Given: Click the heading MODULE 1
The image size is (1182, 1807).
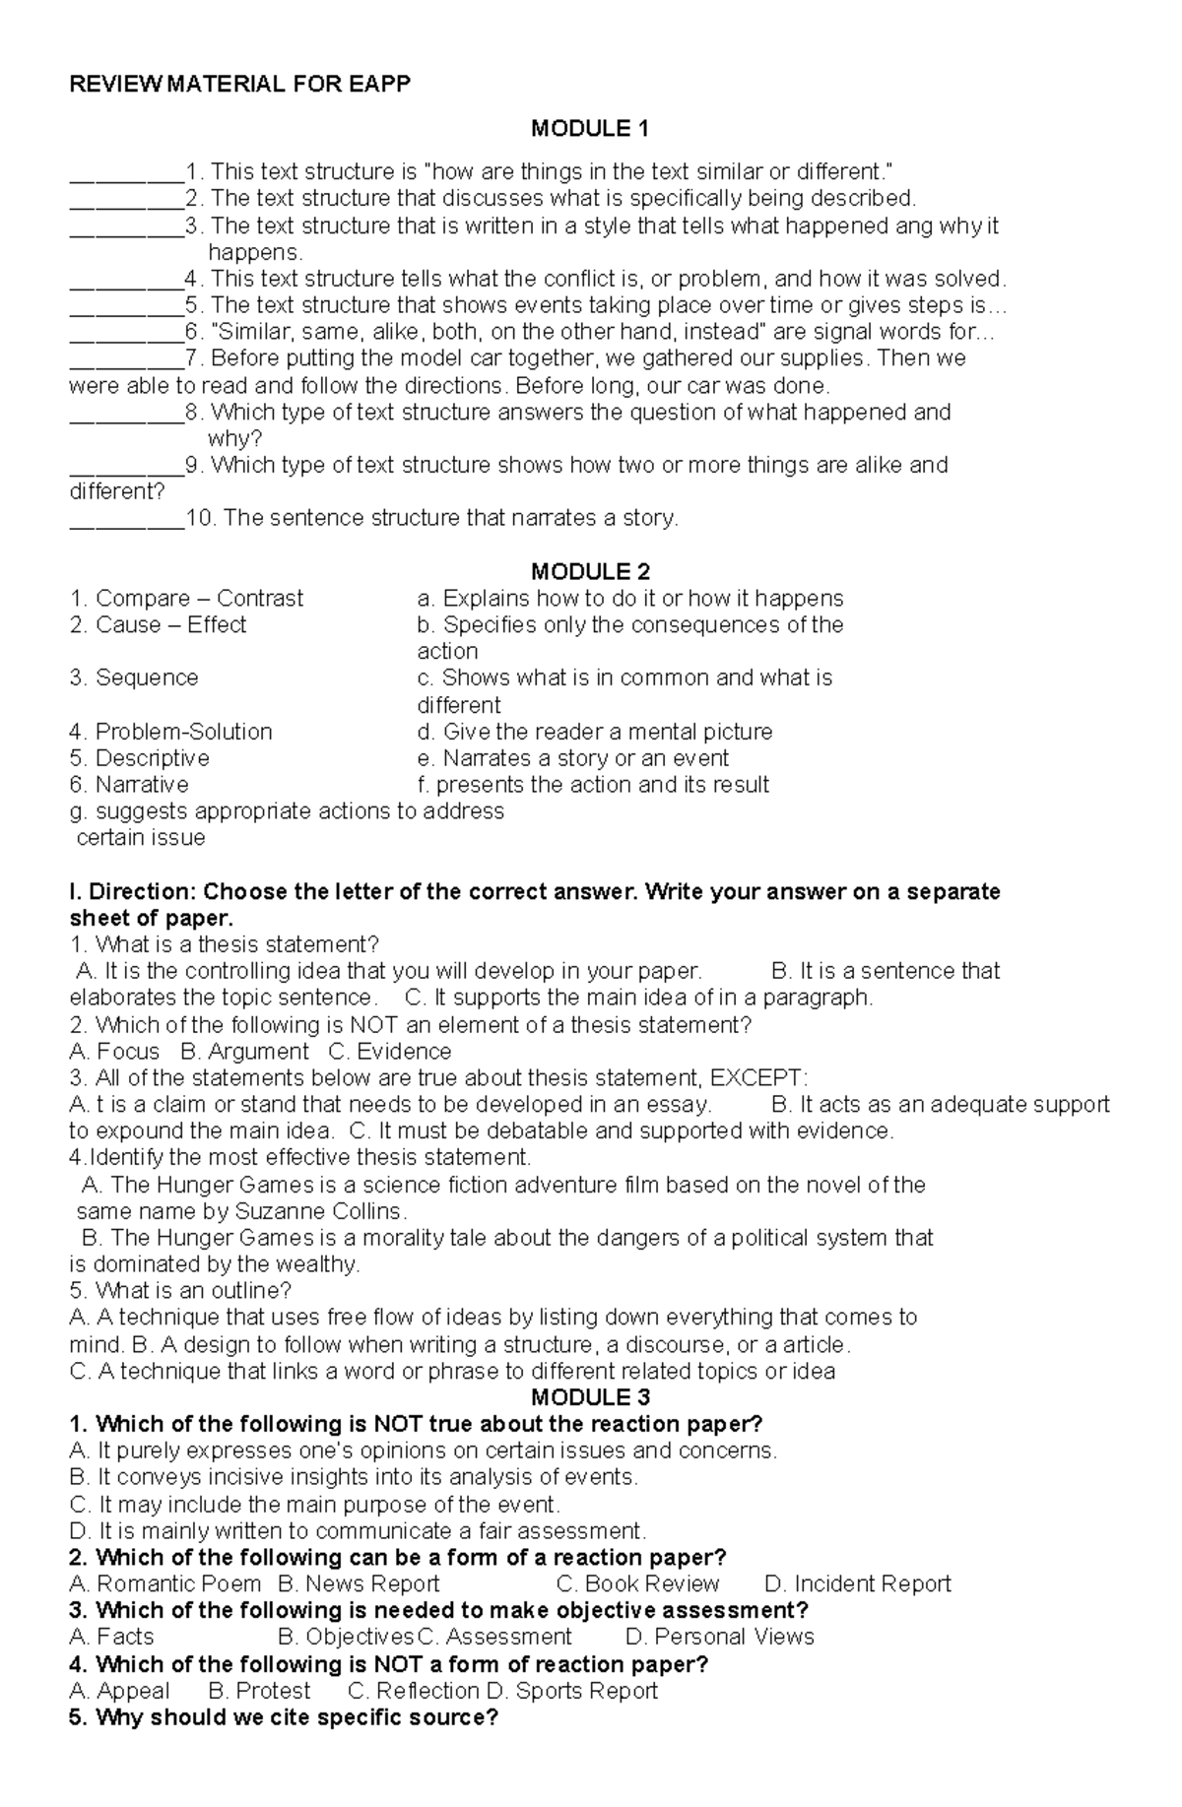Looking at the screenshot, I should click(x=590, y=128).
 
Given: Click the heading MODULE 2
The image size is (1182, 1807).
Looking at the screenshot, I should click(x=590, y=571).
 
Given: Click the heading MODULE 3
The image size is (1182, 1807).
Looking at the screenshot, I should click(x=590, y=1397).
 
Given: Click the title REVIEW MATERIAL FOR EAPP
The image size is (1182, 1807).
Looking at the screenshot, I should click(x=239, y=84).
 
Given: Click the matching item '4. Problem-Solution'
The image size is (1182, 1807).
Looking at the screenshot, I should click(x=171, y=732).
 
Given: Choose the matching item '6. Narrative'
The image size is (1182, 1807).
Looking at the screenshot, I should click(x=129, y=785).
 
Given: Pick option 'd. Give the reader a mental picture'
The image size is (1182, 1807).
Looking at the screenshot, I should click(x=594, y=732).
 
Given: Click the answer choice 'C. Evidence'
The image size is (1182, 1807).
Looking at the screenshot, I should click(x=389, y=1051).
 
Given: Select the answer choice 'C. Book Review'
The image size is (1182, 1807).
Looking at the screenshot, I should click(x=637, y=1583).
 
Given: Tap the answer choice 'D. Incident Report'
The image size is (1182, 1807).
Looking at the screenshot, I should click(x=857, y=1583).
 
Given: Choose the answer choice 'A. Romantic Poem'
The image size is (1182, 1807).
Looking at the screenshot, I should click(x=165, y=1583).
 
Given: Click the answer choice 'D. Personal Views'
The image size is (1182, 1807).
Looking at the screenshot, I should click(x=719, y=1637).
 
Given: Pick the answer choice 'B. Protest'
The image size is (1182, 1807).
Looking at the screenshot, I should click(x=259, y=1691).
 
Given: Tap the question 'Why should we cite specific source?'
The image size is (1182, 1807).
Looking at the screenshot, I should click(x=284, y=1717).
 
